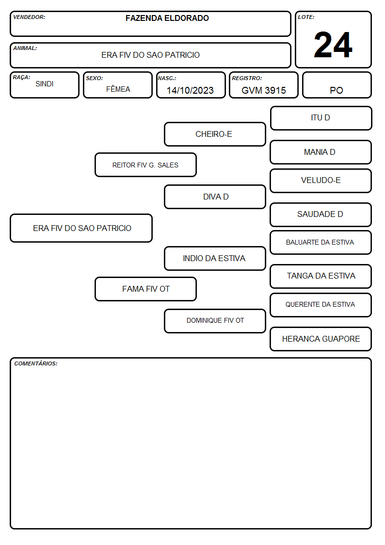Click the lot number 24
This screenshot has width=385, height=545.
[333, 45]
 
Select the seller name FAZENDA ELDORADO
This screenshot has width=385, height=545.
[167, 18]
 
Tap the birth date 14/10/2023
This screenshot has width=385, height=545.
[190, 90]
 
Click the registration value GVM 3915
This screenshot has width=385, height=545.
[263, 90]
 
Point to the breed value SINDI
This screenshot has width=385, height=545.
[45, 84]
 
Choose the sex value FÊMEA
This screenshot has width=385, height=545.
[118, 89]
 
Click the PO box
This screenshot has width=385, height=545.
[337, 85]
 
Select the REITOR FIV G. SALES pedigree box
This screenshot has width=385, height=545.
[145, 165]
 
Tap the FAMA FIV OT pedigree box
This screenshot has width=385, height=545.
[145, 289]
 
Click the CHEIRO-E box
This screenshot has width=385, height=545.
[215, 134]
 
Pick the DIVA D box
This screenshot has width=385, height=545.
[215, 197]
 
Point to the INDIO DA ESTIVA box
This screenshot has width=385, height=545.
[215, 258]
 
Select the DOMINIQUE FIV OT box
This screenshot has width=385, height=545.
[215, 321]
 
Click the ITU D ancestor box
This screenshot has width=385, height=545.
[321, 118]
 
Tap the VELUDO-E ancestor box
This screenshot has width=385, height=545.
[321, 181]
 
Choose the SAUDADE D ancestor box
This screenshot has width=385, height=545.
[321, 215]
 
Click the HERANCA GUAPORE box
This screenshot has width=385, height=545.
[321, 339]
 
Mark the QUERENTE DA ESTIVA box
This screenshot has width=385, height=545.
[321, 305]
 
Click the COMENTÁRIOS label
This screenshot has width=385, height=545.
[36, 363]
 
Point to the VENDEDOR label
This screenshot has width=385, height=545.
[29, 17]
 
